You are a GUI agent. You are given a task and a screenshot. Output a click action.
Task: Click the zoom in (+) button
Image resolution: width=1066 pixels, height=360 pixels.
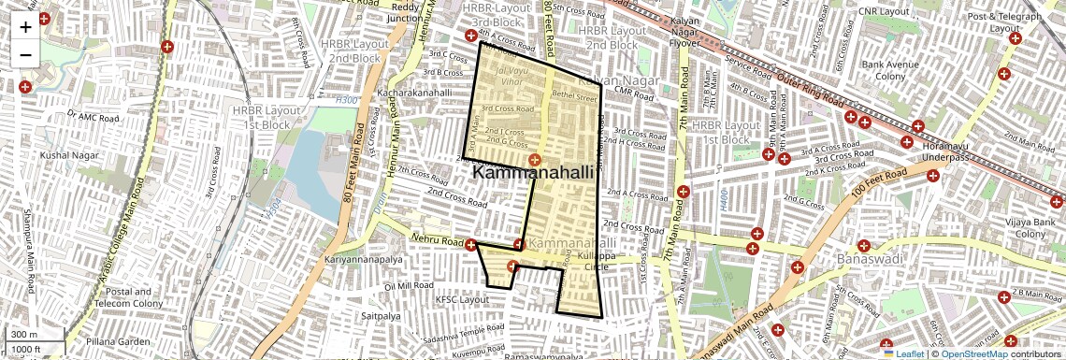25,27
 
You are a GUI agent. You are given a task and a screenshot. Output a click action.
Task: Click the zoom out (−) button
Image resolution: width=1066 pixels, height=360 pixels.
25,54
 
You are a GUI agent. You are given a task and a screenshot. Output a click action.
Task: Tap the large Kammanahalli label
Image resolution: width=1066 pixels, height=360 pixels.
533,172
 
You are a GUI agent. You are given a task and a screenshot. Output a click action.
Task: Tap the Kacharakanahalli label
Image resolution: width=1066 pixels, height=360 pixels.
414,94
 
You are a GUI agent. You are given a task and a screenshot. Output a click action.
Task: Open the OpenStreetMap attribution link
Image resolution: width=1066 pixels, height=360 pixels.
973,353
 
